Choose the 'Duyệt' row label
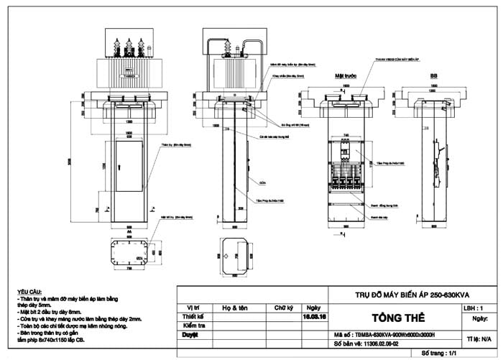click(x=191, y=335)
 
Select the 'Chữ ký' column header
click(x=283, y=308)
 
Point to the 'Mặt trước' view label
click(x=346, y=74)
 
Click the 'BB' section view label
click(x=433, y=74)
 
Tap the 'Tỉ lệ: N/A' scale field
click(x=479, y=337)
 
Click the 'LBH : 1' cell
click(x=478, y=307)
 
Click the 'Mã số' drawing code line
click(x=384, y=335)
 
